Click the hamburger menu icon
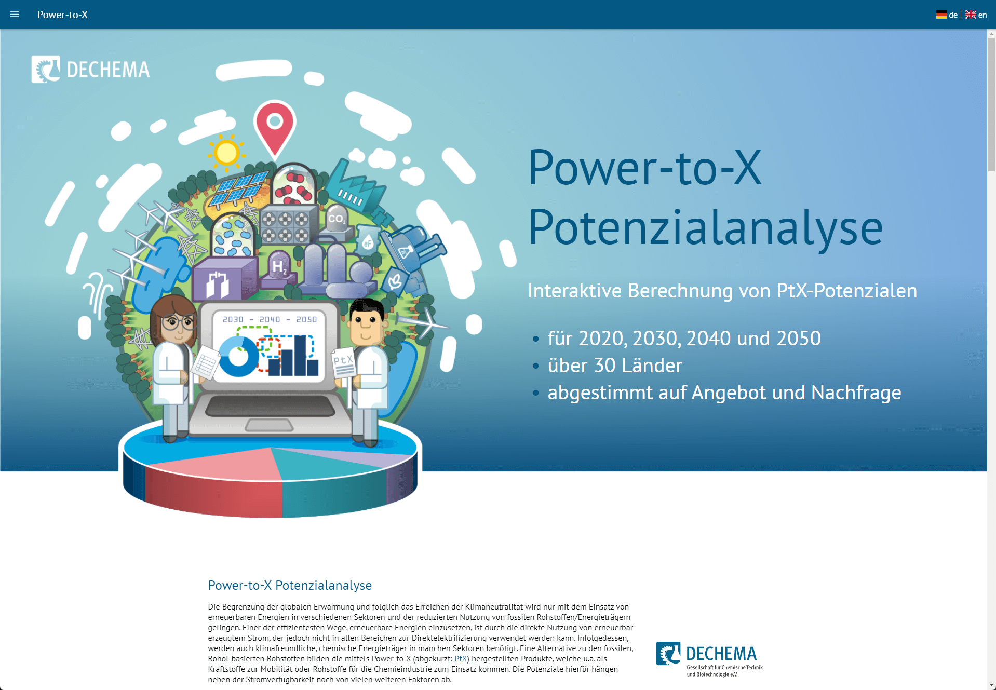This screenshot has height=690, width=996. pos(15,15)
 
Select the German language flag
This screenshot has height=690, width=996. pos(941,15)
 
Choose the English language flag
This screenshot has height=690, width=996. pos(971,15)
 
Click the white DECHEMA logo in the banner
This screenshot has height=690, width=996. pos(90,69)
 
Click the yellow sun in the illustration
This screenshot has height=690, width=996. pos(226,153)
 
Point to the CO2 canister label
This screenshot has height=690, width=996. pos(337,219)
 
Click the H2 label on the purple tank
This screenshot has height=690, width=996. pos(279,266)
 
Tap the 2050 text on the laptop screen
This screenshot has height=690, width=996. pos(306,319)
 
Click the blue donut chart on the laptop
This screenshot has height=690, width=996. pos(238,356)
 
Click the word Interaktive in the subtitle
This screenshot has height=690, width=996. pos(574,291)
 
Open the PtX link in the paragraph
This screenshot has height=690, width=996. pos(461,659)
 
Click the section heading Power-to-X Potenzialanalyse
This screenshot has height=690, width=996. pos(290,586)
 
